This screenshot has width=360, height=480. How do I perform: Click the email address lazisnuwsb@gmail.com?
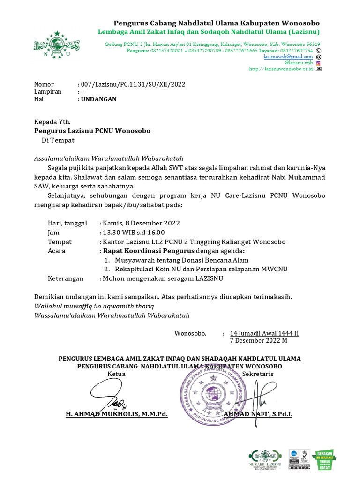(288, 56)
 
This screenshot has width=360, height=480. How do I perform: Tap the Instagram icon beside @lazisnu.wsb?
(318, 62)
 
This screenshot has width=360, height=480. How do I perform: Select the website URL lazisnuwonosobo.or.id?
(281, 68)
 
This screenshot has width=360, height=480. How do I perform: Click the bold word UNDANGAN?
(99, 99)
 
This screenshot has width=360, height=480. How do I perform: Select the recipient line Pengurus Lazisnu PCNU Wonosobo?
(92, 131)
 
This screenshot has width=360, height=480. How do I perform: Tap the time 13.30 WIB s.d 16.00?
(134, 232)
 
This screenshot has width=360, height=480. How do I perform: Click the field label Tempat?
(60, 242)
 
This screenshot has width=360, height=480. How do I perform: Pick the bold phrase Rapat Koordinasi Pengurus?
(144, 251)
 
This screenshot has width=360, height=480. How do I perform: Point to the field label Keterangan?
(66, 278)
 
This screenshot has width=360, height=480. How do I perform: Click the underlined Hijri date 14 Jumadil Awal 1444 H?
(264, 333)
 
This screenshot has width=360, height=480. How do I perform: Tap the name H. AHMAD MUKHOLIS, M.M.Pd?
(117, 414)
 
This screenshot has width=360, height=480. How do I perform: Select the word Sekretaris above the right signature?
(258, 374)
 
